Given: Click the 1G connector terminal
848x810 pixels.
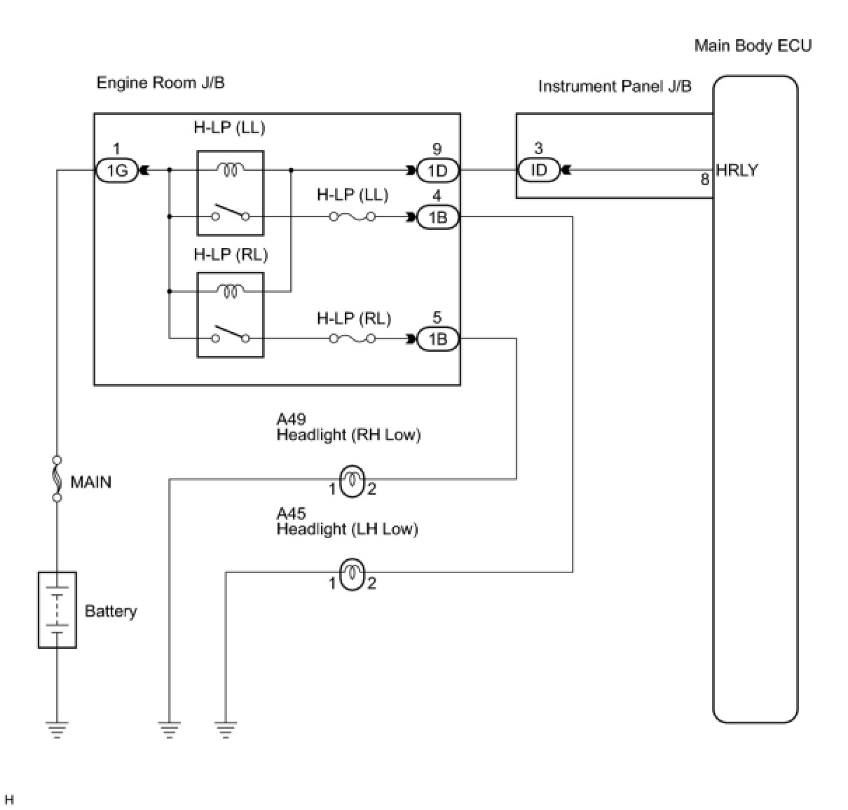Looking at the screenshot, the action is (116, 170).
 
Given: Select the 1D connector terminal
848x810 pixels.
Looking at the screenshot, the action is (437, 170).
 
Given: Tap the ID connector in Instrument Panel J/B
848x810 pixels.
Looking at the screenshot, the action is (539, 170).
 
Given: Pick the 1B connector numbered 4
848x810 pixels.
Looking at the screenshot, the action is (437, 217).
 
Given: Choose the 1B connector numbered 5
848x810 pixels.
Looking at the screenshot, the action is (437, 339).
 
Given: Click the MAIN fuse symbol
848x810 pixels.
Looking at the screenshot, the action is (57, 479).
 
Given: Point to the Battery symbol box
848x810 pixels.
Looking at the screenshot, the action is (57, 610).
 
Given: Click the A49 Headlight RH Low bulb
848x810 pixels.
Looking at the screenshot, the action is (352, 481).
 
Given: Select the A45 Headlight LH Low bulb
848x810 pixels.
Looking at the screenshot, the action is (352, 575).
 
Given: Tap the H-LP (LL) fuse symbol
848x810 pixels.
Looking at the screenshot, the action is (352, 217).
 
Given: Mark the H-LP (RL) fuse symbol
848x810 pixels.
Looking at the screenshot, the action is (352, 338).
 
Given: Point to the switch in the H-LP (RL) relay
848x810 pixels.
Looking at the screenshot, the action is (230, 334).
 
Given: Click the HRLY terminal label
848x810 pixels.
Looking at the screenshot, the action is (737, 170).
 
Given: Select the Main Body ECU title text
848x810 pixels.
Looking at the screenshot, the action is (753, 46).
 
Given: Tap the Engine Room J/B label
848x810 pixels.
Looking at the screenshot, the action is (160, 83).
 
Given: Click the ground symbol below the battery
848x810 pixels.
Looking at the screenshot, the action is (57, 730).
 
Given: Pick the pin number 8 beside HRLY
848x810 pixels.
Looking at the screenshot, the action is (704, 179).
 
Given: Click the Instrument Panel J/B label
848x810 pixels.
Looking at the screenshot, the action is (615, 86).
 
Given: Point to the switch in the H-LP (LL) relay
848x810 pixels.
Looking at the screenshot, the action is (230, 212).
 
